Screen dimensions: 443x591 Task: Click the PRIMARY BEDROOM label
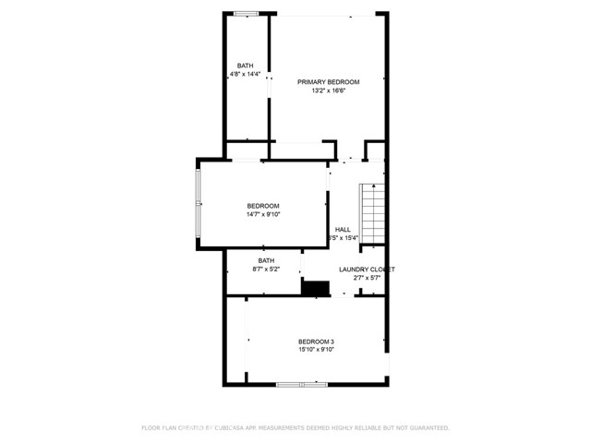(328, 82)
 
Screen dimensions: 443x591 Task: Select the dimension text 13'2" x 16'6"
(328, 91)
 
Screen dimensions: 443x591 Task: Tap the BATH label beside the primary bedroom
(245, 66)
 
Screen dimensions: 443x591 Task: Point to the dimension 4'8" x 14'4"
(245, 75)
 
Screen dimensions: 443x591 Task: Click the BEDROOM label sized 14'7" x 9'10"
(262, 206)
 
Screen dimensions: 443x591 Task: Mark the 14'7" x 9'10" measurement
(262, 215)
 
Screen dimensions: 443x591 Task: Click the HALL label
(343, 229)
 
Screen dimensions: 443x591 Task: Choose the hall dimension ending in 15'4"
(343, 238)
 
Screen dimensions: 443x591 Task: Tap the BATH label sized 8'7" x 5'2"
(266, 260)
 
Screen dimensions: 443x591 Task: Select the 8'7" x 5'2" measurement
(266, 269)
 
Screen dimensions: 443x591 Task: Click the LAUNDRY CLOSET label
(367, 269)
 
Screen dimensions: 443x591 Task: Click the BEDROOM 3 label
(315, 341)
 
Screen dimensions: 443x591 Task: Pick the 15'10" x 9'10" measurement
(315, 351)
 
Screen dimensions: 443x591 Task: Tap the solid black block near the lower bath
(316, 288)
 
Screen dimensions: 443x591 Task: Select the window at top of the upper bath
(246, 13)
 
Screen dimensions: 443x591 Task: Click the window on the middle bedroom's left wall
(197, 204)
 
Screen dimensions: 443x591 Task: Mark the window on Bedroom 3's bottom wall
(302, 383)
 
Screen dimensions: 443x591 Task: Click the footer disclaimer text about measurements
(295, 428)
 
